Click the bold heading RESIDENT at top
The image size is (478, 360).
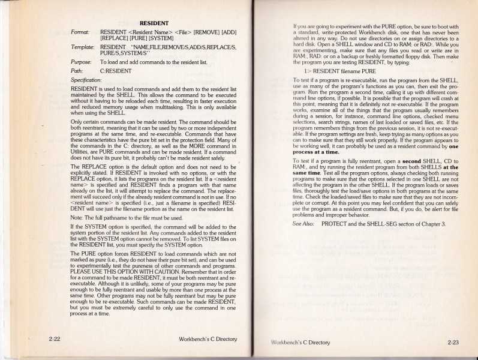tap(152, 22)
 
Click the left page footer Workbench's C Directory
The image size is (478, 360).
tap(208, 339)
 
